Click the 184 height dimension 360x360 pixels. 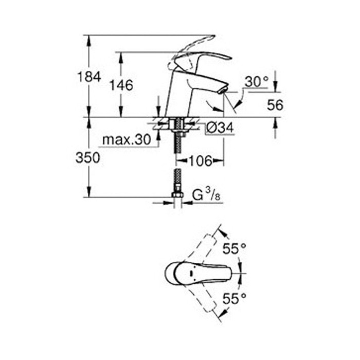pos(89,77)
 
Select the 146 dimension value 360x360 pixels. pos(121,85)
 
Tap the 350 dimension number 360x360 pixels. pos(88,158)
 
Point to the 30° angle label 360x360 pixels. pos(256,81)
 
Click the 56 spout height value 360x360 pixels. pos(275,105)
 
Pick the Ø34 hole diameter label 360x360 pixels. pos(220,128)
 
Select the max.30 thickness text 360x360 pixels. pos(127,139)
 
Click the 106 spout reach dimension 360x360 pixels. pos(201,161)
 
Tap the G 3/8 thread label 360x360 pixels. pos(206,195)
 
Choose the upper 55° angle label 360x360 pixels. pos(235,248)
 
